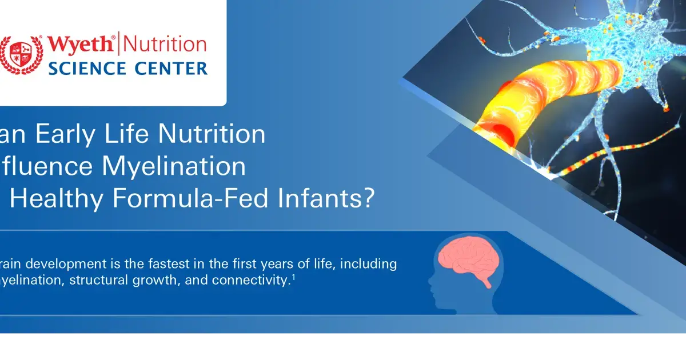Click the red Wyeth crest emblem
pos(22,55)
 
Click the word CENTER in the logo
pos(170,69)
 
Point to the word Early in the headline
pos(73,134)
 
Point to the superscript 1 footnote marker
pos(293,277)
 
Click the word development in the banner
pos(63,263)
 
